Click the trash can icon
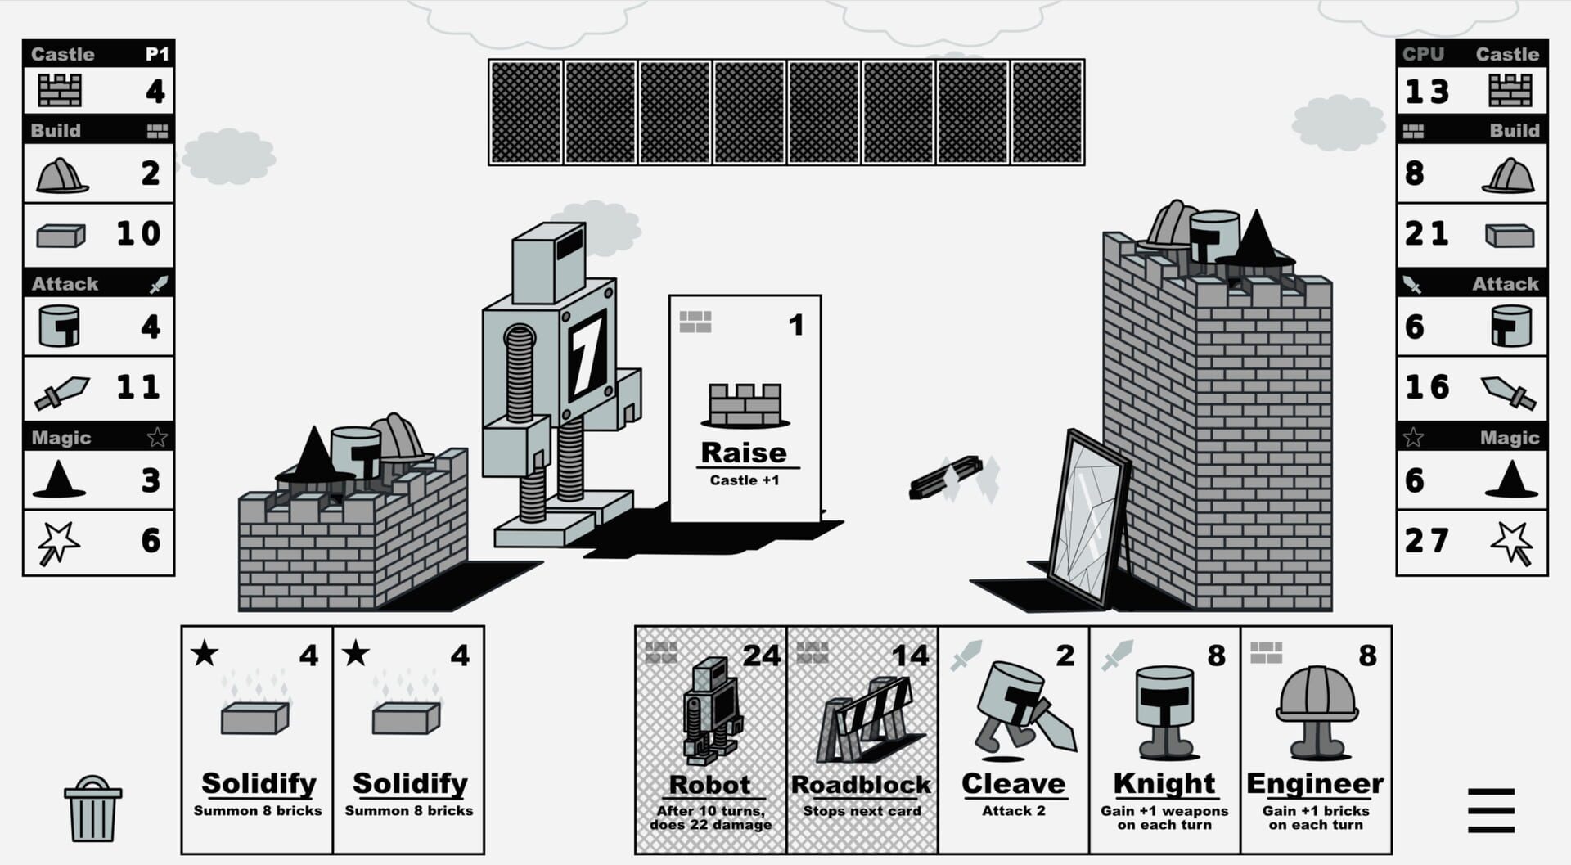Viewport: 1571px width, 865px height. (92, 809)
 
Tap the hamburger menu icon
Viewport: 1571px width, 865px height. (1490, 810)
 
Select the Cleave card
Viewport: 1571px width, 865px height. (1013, 740)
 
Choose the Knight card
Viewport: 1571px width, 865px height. (1164, 740)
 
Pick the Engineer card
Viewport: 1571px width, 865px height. (1316, 740)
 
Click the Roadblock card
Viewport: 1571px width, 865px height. (862, 740)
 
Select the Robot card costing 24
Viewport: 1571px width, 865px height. (710, 740)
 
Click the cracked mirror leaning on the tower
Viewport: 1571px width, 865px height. (1086, 520)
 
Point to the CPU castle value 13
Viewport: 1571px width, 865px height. (1428, 91)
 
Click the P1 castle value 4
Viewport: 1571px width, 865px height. (155, 91)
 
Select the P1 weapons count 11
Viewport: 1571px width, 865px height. (137, 386)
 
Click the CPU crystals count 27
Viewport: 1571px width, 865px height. (1427, 540)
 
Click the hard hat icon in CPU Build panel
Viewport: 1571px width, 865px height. (1509, 174)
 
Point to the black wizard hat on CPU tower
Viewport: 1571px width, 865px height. (1254, 239)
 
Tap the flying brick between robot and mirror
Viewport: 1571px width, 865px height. (947, 478)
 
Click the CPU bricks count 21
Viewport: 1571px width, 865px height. (1427, 234)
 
